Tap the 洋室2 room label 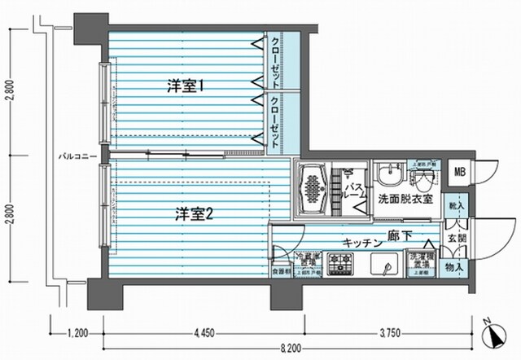pos(194,215)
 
